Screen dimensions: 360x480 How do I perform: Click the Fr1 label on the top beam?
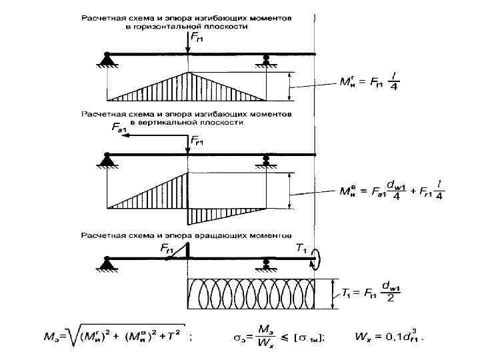pyautogui.click(x=197, y=37)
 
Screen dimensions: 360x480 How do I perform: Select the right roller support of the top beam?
pyautogui.click(x=266, y=61)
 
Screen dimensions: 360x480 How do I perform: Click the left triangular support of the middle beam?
pyautogui.click(x=107, y=161)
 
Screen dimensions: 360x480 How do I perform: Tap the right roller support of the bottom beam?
pyautogui.click(x=266, y=264)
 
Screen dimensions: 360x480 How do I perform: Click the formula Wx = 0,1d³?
pyautogui.click(x=390, y=337)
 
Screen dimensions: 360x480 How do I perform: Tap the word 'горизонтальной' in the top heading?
pyautogui.click(x=172, y=27)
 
